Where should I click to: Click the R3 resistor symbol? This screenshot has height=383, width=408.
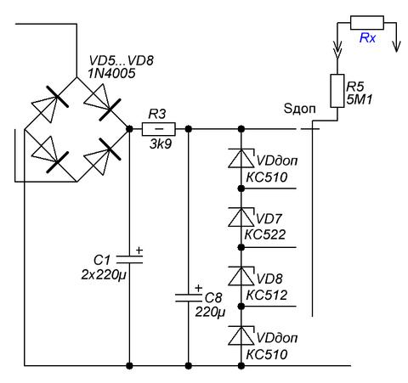[x=159, y=129]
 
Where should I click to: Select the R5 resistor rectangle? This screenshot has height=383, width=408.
[x=337, y=91]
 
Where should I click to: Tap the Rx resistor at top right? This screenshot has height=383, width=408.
[x=367, y=23]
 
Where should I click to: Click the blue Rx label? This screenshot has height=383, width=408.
[x=367, y=37]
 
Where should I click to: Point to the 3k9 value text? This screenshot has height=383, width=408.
[x=161, y=144]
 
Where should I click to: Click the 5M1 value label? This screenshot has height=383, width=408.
[x=360, y=99]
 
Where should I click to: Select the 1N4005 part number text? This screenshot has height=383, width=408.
[x=111, y=74]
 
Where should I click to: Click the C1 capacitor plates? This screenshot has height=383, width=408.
[x=129, y=259]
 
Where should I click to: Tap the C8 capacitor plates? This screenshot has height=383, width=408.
[x=189, y=297]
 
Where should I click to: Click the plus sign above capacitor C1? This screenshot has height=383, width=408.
[x=139, y=251]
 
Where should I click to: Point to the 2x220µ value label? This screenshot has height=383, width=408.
[x=104, y=275]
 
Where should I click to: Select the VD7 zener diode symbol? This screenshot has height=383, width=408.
[x=241, y=217]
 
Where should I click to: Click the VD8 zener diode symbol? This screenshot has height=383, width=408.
[x=241, y=276]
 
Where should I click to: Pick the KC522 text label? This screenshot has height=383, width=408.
[x=265, y=234]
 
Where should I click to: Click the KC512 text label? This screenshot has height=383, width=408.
[x=267, y=296]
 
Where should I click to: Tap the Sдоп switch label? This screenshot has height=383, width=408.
[x=299, y=109]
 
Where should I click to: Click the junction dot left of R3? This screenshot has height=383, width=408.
[x=129, y=129]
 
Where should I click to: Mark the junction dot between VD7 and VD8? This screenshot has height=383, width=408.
[x=241, y=247]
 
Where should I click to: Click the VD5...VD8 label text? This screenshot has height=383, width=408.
[x=122, y=60]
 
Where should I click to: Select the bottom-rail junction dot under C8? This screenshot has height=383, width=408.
[x=189, y=366]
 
